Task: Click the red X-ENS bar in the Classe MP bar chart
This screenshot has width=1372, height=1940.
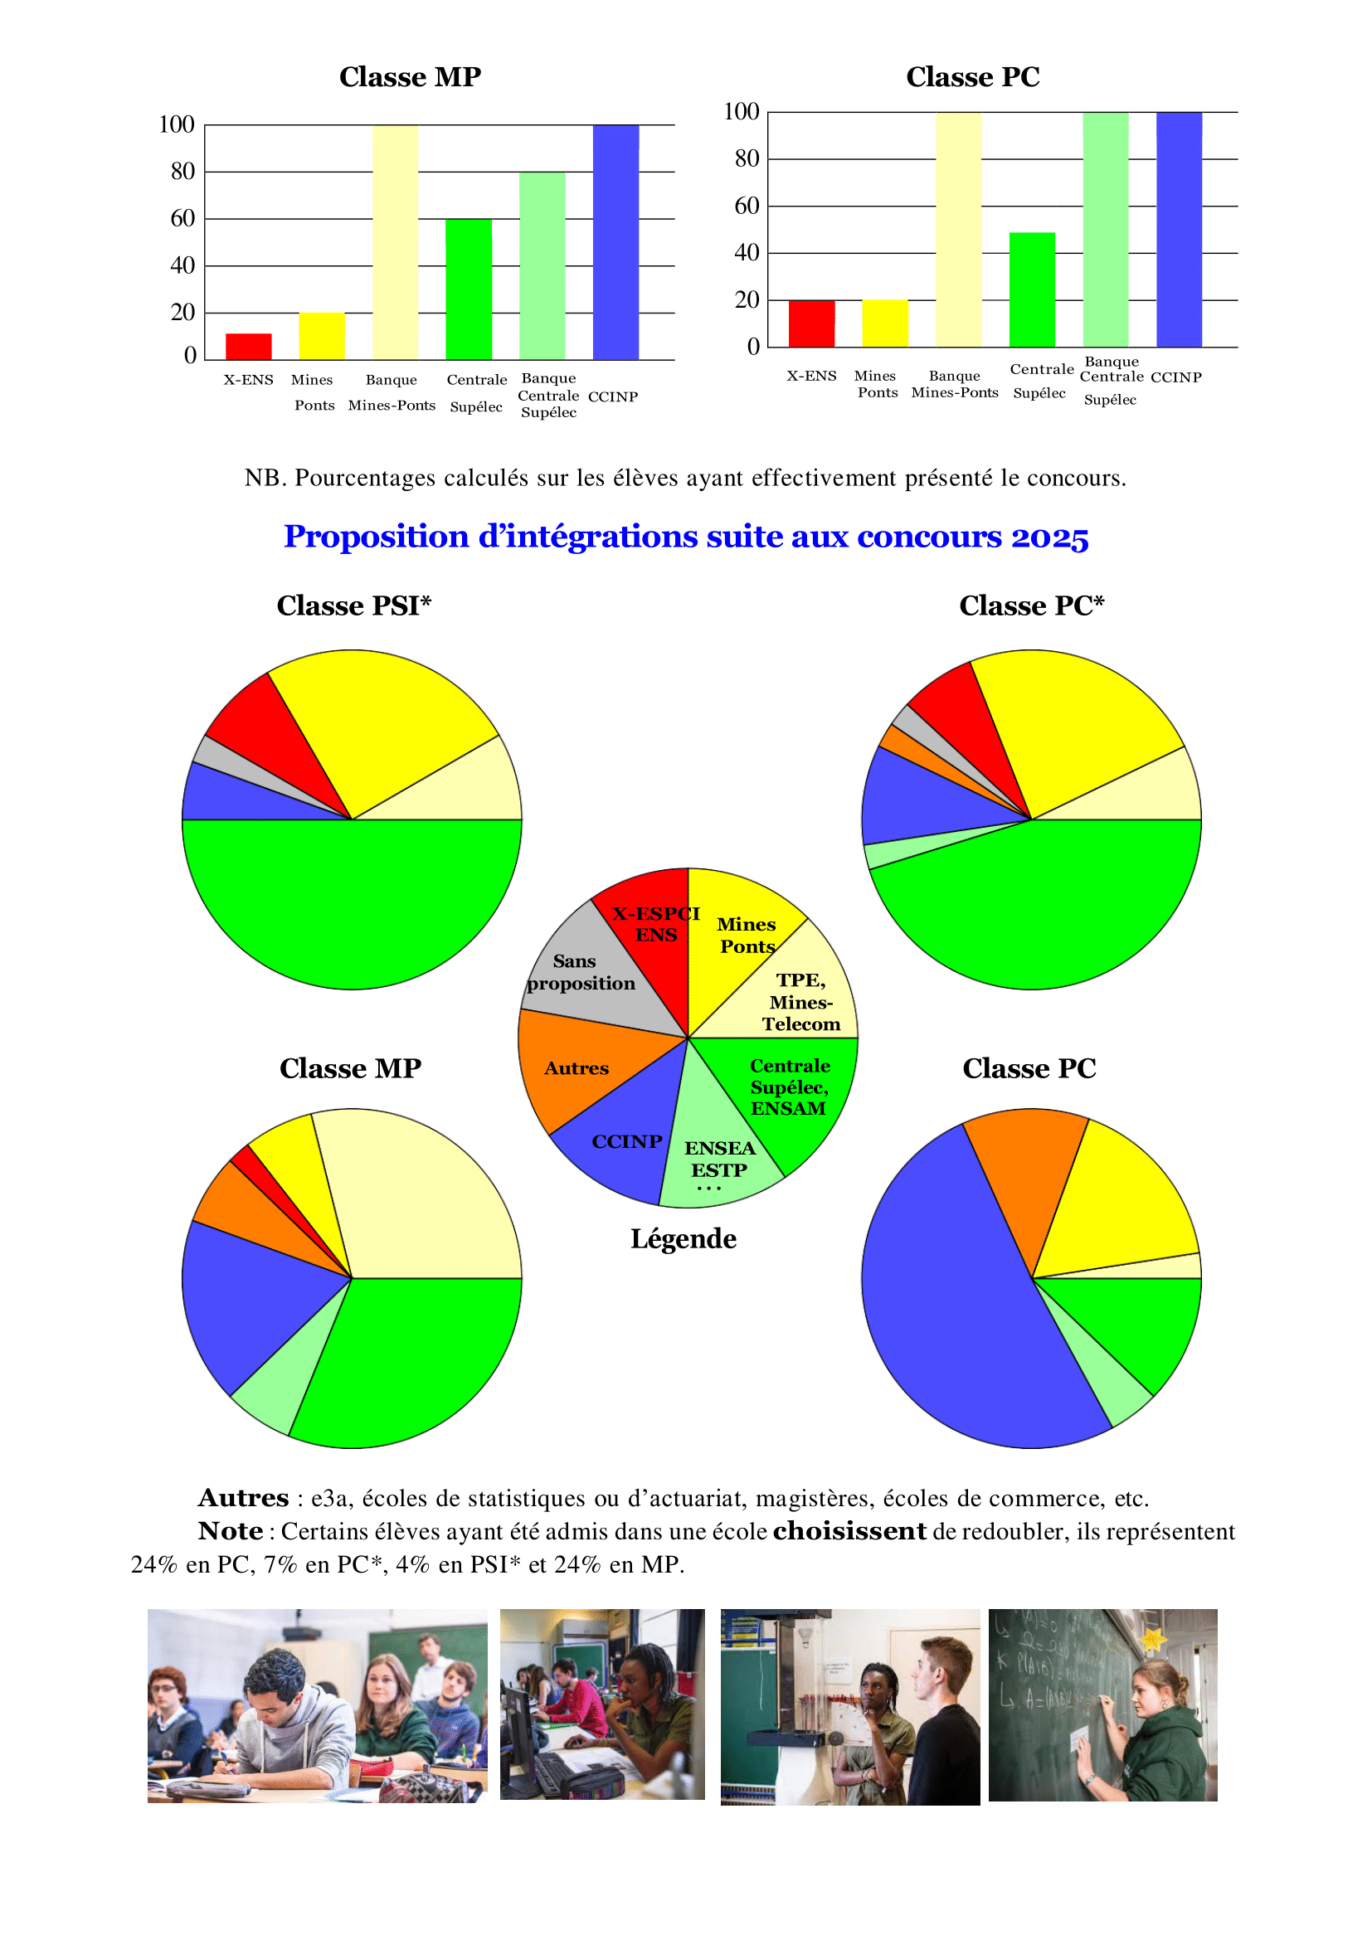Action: pyautogui.click(x=248, y=347)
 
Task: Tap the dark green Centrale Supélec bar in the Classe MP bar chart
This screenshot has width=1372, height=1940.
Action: pyautogui.click(x=469, y=289)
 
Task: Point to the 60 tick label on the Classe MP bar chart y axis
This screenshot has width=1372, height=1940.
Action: pyautogui.click(x=182, y=219)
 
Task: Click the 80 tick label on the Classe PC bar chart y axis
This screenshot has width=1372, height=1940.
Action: pyautogui.click(x=747, y=159)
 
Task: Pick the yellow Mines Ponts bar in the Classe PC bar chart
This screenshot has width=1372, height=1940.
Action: pyautogui.click(x=884, y=323)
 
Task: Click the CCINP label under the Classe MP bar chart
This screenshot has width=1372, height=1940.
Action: pyautogui.click(x=612, y=397)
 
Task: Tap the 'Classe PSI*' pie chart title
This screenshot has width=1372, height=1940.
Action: pyautogui.click(x=354, y=605)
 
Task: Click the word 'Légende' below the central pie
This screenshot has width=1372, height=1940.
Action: pyautogui.click(x=684, y=1238)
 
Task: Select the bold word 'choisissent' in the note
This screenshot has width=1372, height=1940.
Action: pyautogui.click(x=849, y=1531)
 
